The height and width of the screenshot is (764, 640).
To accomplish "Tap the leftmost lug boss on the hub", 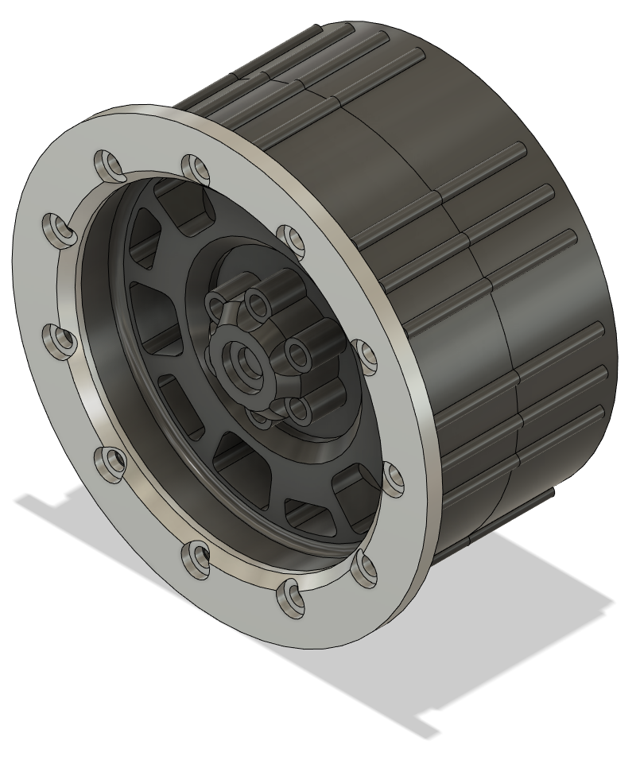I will [216, 304].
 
